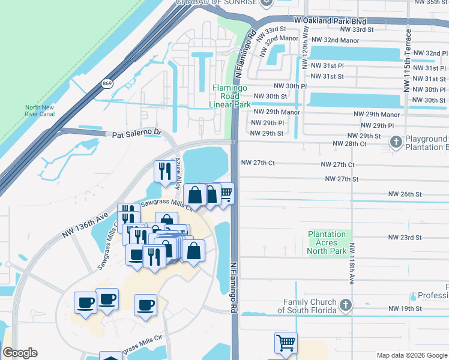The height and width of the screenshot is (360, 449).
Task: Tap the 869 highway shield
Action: coord(107,83)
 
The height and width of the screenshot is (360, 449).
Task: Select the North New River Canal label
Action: coord(40,111)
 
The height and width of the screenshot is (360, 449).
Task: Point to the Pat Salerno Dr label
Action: coord(137,133)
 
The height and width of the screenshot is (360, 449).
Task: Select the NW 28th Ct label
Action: coord(350,144)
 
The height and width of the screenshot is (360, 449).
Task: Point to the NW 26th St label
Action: coord(405,194)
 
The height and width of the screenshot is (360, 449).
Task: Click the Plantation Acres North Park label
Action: coord(327,242)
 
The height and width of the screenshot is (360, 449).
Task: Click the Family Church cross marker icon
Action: coord(345,305)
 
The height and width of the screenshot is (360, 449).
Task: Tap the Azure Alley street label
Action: coord(178,174)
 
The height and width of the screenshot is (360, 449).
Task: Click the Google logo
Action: coord(20,353)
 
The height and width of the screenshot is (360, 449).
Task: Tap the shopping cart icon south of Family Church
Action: coord(286,343)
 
